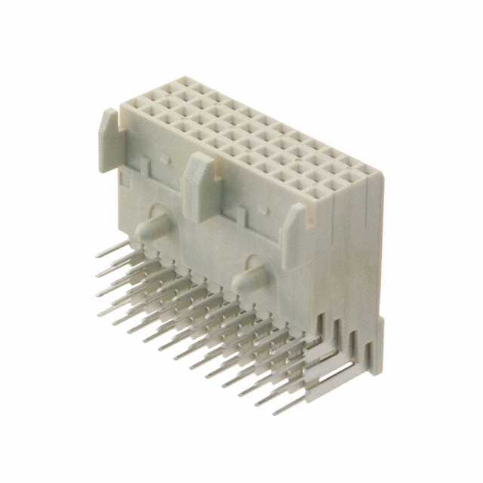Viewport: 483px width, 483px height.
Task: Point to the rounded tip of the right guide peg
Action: pyautogui.click(x=235, y=285)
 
